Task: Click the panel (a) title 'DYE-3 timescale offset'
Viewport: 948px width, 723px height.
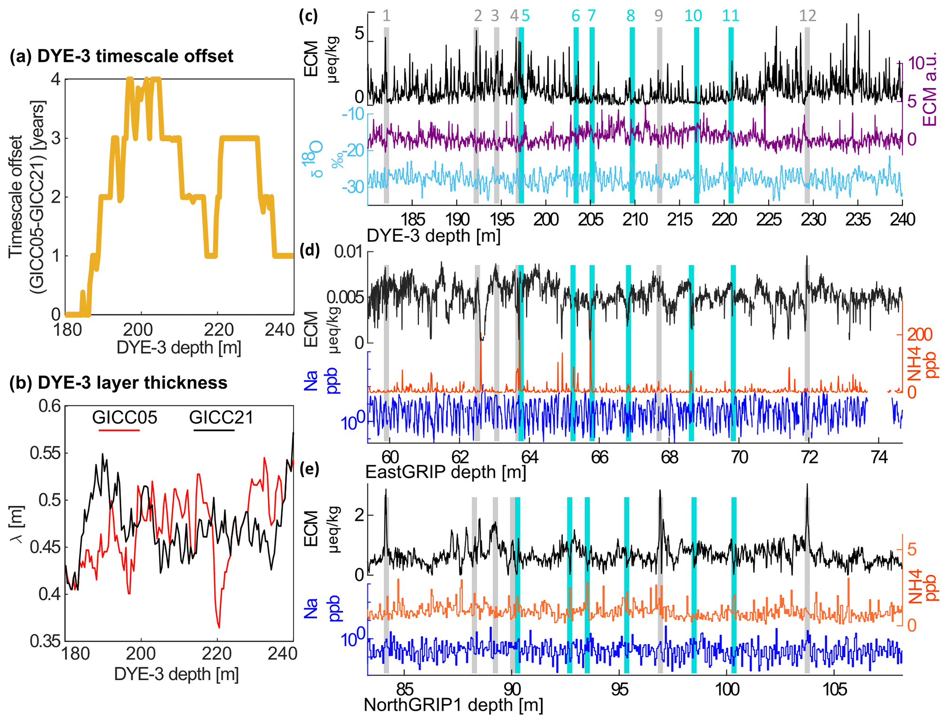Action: click(135, 56)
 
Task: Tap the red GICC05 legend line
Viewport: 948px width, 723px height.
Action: click(119, 430)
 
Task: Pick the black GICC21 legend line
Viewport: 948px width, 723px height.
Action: click(212, 430)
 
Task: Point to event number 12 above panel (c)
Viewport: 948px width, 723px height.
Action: click(807, 16)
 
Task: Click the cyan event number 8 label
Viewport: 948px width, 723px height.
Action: click(630, 16)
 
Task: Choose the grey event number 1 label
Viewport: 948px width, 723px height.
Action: click(386, 16)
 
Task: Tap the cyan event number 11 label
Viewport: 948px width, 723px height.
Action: click(731, 16)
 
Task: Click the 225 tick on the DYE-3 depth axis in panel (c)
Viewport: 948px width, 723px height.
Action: click(769, 219)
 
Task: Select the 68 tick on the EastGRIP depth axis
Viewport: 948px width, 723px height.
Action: click(669, 457)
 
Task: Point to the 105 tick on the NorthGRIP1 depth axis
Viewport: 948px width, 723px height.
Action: click(835, 690)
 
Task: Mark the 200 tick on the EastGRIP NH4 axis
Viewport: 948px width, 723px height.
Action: click(920, 334)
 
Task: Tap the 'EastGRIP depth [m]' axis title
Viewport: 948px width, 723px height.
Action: click(446, 472)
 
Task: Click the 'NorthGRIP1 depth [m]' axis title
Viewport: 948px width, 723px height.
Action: click(454, 705)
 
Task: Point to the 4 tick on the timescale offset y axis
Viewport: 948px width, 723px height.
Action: click(56, 79)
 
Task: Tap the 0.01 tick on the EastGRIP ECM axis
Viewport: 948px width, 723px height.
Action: click(348, 252)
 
